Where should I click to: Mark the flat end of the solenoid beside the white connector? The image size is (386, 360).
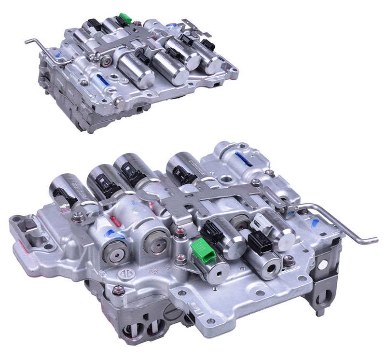point(285,236)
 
